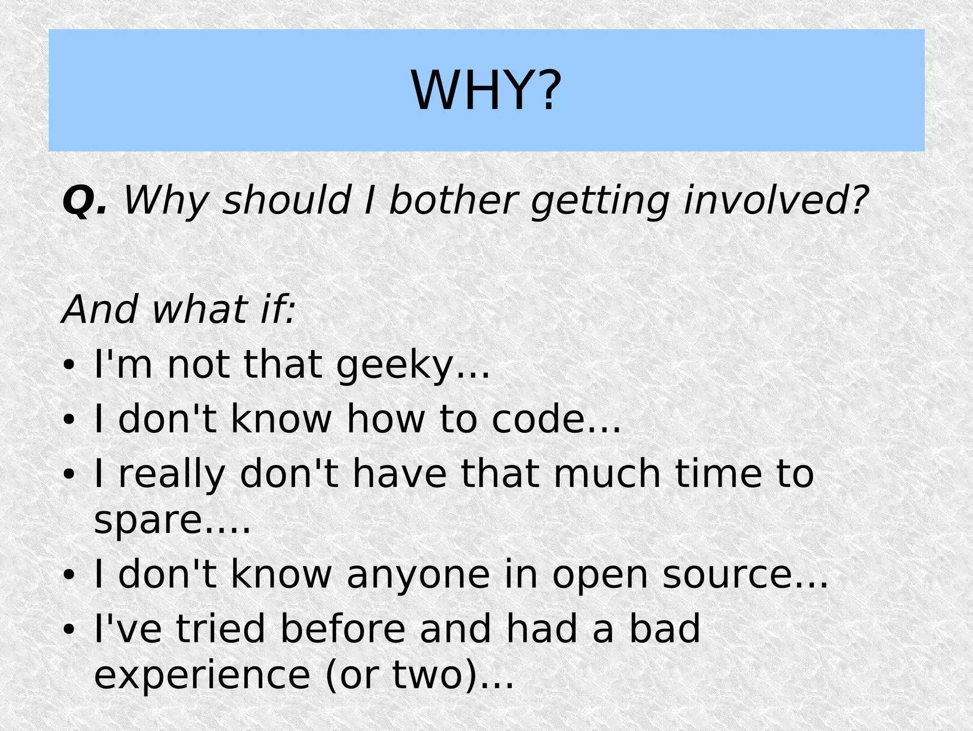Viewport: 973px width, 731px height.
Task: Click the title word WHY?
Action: [486, 90]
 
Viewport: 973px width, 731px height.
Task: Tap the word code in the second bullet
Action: [539, 419]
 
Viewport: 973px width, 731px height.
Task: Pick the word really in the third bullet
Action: [172, 475]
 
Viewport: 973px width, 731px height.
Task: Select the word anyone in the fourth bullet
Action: [418, 575]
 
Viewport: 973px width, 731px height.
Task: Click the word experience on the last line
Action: [202, 675]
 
